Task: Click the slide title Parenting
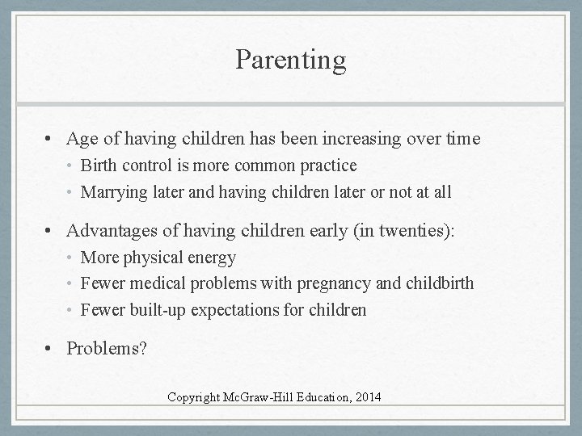click(x=291, y=59)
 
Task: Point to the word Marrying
click(x=113, y=192)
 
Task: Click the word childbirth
click(x=440, y=283)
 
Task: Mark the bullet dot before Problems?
click(x=51, y=348)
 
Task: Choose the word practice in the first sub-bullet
click(x=327, y=166)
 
